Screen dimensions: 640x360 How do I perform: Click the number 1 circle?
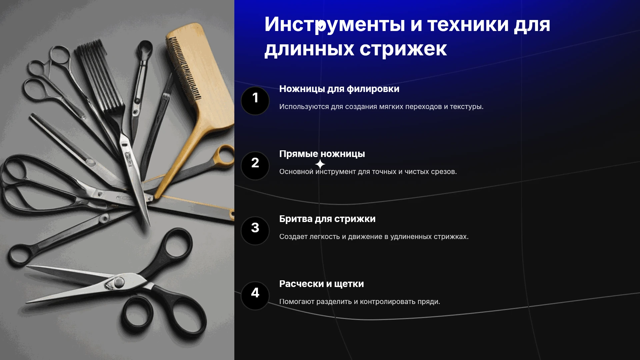point(255,101)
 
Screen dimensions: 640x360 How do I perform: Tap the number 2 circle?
point(255,166)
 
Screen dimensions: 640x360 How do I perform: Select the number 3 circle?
point(255,231)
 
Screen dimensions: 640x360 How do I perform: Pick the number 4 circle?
point(255,296)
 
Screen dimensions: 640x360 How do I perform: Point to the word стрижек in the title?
point(403,49)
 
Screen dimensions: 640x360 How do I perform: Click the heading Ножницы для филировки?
point(339,89)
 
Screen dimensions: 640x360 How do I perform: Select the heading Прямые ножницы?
point(322,154)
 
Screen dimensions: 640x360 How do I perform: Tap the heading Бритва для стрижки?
point(327,219)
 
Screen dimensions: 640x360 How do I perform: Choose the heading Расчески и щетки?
point(321,284)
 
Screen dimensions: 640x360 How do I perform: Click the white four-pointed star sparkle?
point(320,164)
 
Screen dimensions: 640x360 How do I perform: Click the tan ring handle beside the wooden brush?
point(225,155)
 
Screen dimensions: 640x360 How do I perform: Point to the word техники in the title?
point(468,25)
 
